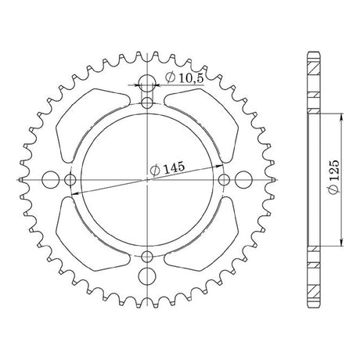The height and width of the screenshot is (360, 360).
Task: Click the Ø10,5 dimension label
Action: pyautogui.click(x=184, y=77)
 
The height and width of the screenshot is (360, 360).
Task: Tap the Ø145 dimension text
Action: pyautogui.click(x=167, y=168)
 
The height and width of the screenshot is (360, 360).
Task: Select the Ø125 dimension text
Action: pyautogui.click(x=334, y=177)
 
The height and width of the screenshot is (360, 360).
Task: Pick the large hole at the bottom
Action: pyautogui.click(x=147, y=276)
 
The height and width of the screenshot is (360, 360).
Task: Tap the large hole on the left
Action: pyautogui.click(x=51, y=179)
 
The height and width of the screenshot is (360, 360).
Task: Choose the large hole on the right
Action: pyautogui.click(x=243, y=179)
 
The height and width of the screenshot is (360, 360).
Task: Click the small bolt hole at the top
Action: pyautogui.click(x=147, y=103)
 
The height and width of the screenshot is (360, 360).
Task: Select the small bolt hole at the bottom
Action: pyautogui.click(x=147, y=257)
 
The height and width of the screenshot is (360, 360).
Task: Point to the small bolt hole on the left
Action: pyautogui.click(x=70, y=180)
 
